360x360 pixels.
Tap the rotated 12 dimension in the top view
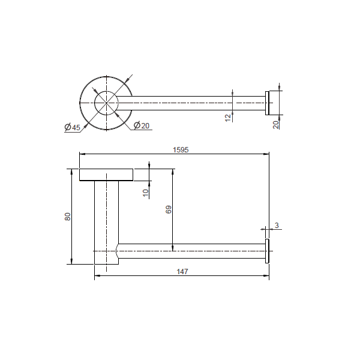(229, 116)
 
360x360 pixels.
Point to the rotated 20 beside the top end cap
(276, 124)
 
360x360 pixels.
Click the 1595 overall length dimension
(180, 151)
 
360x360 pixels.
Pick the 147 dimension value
(182, 272)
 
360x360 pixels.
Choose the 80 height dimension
(68, 217)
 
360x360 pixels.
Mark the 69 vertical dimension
(169, 209)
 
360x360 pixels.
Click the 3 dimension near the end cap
(276, 226)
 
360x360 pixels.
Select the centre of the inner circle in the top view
(107, 103)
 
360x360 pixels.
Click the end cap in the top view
(268, 103)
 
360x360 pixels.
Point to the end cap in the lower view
(267, 250)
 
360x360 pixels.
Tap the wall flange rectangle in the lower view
(107, 175)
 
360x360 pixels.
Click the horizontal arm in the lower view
(192, 251)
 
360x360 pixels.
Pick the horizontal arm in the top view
(192, 103)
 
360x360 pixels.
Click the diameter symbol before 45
(67, 127)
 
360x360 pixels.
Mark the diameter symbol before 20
(136, 125)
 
